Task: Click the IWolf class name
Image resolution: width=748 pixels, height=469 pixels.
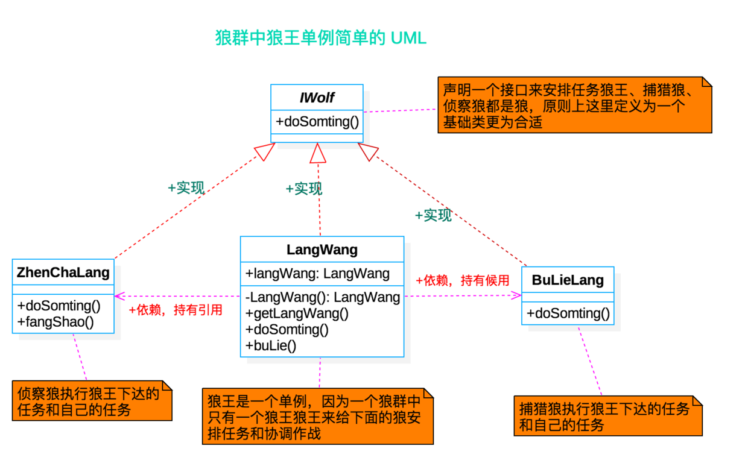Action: [317, 98]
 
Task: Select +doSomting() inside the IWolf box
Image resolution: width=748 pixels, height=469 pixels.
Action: [317, 121]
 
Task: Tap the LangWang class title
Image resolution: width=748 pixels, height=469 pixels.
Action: [322, 250]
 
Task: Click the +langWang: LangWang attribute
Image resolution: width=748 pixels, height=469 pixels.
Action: [317, 274]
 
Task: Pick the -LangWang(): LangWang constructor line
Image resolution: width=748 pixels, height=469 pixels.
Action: [323, 297]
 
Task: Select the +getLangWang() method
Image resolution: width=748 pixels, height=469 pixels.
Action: [297, 313]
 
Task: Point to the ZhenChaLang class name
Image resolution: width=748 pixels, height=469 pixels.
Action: [63, 272]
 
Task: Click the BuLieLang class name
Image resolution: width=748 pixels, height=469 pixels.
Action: [568, 280]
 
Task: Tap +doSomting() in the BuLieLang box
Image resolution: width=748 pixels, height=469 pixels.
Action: [568, 313]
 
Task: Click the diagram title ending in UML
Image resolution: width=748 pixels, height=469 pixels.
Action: [321, 38]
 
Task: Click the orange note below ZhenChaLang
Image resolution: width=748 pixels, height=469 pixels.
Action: [92, 401]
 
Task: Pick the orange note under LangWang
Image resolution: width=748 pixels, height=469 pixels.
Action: [318, 417]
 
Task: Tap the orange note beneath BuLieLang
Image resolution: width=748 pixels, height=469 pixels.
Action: [607, 416]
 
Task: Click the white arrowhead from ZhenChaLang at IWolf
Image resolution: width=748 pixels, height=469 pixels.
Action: [264, 151]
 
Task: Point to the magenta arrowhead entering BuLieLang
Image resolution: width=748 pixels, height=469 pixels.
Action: [515, 295]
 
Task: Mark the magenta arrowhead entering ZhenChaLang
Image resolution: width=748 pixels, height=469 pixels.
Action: [119, 296]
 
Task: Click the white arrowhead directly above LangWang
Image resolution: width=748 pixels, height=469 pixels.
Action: [318, 154]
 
